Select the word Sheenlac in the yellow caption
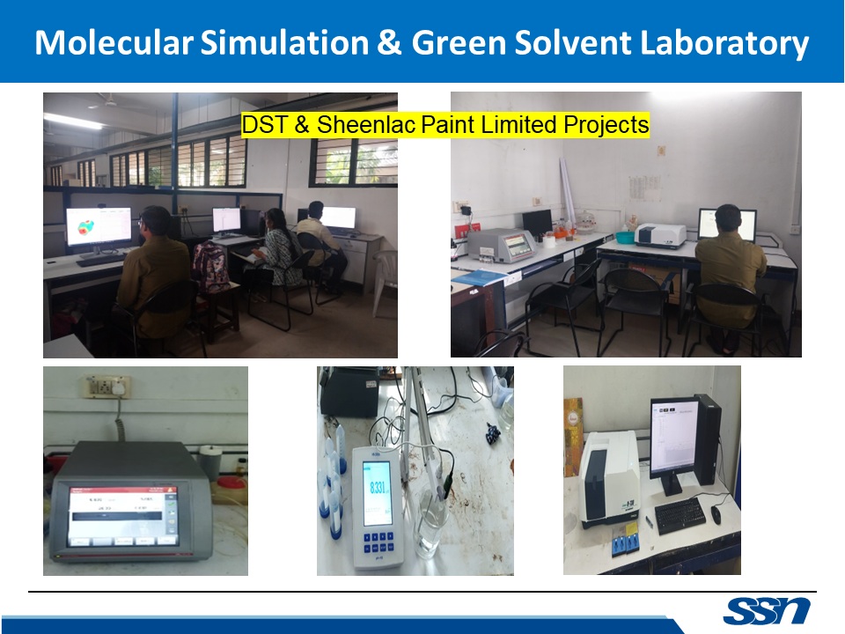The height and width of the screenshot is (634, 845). pos(364,126)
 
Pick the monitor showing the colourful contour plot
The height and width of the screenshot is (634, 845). pos(99,226)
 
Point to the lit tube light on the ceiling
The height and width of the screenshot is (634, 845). pos(74,121)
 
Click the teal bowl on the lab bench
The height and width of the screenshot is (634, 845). pos(624,237)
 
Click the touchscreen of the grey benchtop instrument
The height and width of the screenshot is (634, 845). pos(122,514)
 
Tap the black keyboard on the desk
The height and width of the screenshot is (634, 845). pos(680,516)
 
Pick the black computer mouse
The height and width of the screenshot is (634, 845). pos(716,515)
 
